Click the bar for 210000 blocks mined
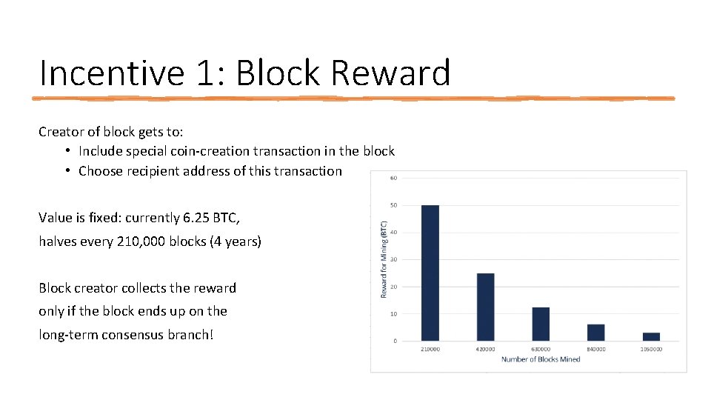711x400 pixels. (430, 273)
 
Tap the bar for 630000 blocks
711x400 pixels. (541, 324)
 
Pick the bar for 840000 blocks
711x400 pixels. (595, 333)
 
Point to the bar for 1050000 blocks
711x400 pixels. (651, 336)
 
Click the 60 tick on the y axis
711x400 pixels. (393, 178)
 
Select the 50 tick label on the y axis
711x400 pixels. (393, 205)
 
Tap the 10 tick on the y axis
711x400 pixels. (393, 314)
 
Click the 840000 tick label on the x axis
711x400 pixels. (595, 349)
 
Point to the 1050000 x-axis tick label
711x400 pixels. (651, 349)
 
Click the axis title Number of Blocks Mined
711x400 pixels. (540, 359)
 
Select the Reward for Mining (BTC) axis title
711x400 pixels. (384, 259)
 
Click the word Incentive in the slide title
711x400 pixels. (111, 73)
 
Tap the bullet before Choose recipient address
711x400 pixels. (67, 171)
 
